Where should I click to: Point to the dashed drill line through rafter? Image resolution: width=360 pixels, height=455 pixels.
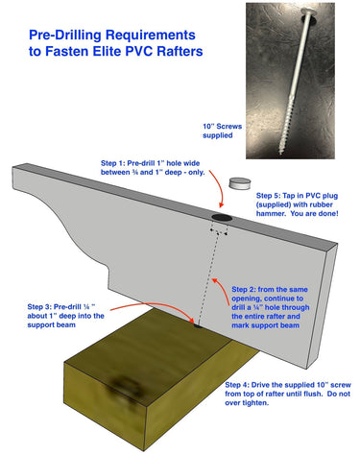click(x=206, y=278)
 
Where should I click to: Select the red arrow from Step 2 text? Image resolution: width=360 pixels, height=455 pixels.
click(x=223, y=278)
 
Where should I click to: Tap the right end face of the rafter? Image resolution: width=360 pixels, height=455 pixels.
click(x=329, y=298)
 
